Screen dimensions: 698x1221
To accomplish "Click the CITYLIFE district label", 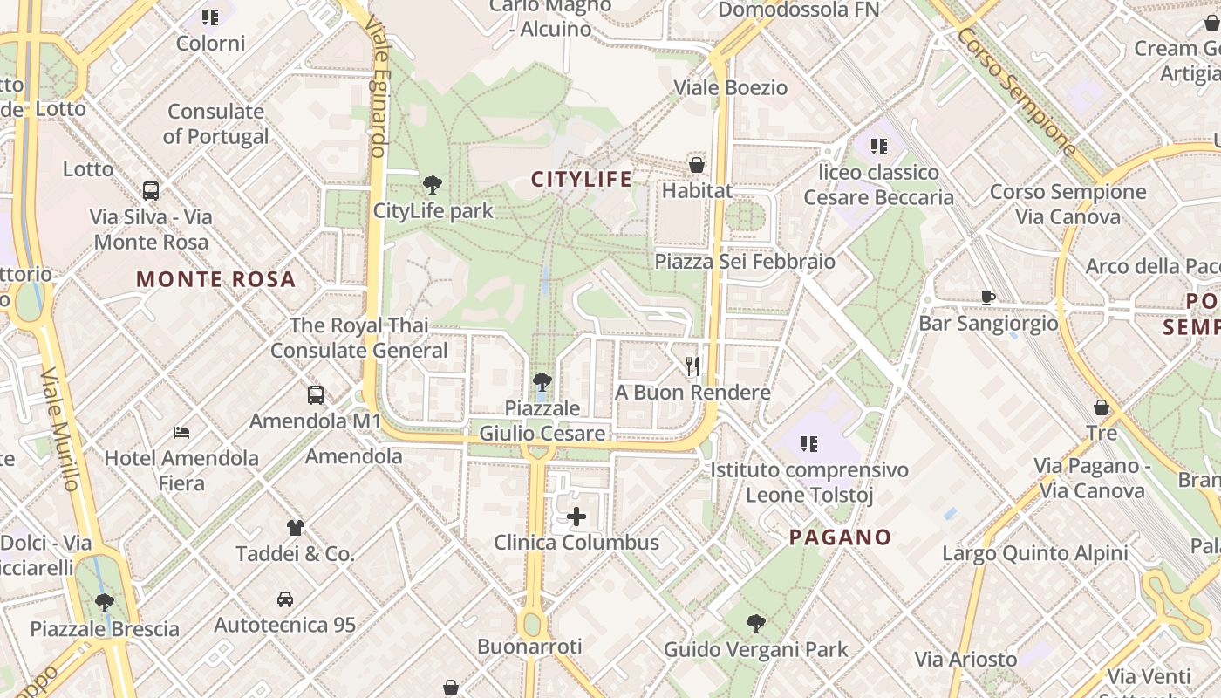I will point(582,180).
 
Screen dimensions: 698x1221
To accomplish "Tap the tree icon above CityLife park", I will point(432,185).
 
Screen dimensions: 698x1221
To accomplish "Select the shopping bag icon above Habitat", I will point(696,164).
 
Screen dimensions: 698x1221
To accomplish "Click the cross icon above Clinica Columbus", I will point(576,517).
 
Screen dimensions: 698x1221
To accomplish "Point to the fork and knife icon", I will point(692,366).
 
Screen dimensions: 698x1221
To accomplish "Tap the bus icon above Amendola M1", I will point(316,395).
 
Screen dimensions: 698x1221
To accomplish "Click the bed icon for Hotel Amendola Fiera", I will point(181,432).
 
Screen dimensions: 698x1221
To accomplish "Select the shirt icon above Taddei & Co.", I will point(296,527).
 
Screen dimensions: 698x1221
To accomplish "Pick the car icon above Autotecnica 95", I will point(285,599).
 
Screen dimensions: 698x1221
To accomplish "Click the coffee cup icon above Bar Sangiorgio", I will point(988,298).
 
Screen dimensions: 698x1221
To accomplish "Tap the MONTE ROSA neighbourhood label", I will point(216,280).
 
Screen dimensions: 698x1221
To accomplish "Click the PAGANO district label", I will point(841,537).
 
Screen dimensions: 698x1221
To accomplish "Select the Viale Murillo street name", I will point(60,428).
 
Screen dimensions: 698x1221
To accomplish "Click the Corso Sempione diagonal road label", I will point(1016,91).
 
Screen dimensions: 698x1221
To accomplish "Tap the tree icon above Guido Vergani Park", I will point(756,624).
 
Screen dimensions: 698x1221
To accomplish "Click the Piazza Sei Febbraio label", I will point(745,262).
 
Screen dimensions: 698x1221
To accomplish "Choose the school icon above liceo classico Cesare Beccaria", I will point(878,146).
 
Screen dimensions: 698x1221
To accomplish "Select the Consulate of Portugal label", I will point(215,124).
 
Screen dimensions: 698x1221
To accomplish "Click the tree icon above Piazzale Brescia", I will point(105,602).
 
